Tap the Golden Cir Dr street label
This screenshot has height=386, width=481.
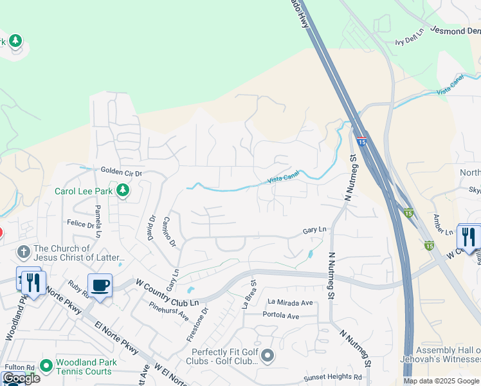click(x=121, y=172)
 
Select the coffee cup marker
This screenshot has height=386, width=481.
click(x=100, y=286)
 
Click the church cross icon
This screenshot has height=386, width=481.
click(x=24, y=252)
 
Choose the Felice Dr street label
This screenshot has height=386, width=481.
click(x=81, y=223)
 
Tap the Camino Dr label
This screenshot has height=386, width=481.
click(x=169, y=231)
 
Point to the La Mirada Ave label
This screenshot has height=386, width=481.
click(x=290, y=302)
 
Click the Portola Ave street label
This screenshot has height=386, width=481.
click(x=281, y=316)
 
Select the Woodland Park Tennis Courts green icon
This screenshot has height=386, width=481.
click(x=46, y=366)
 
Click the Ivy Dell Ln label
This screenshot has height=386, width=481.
click(x=410, y=37)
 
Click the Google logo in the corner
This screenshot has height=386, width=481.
click(x=21, y=378)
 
